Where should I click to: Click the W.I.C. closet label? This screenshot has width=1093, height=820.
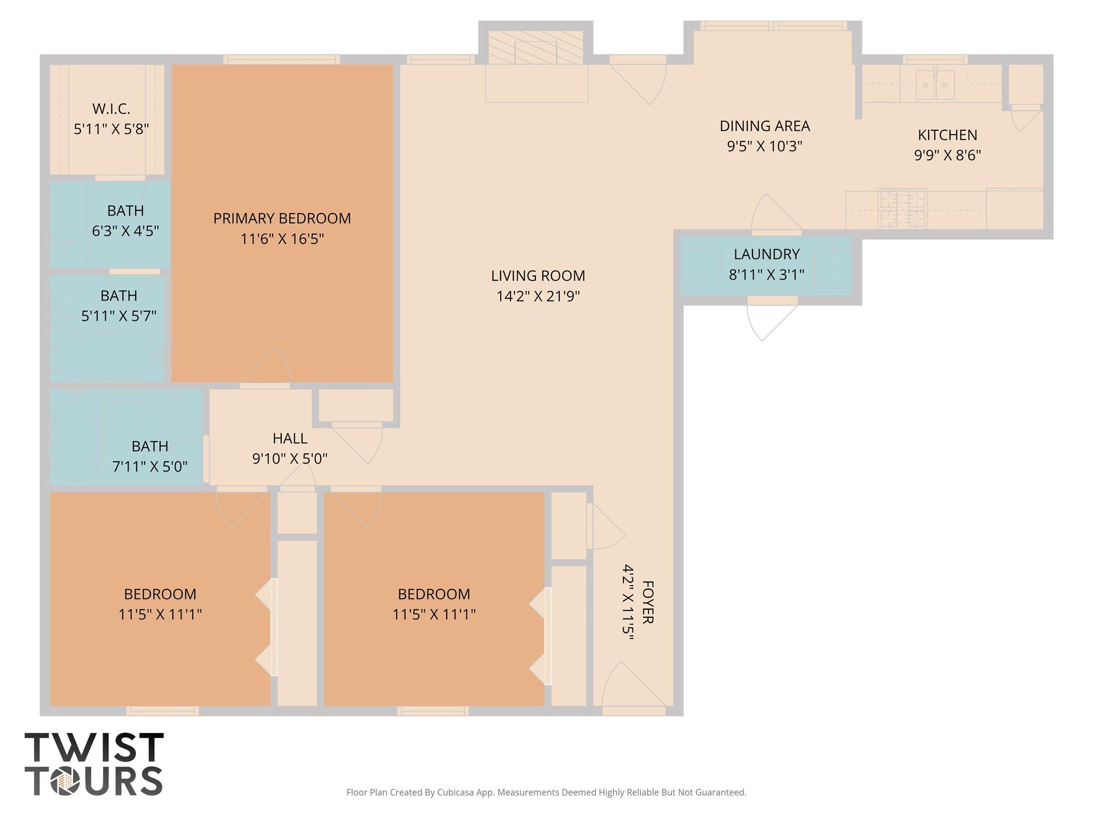click(x=111, y=109)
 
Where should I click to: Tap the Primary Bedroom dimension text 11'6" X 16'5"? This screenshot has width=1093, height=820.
click(x=282, y=239)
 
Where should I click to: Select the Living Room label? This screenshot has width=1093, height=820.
click(x=538, y=275)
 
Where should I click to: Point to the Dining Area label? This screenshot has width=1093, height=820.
click(x=765, y=126)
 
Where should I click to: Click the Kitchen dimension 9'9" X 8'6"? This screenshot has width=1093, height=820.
click(x=948, y=155)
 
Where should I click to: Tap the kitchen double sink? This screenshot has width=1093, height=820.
click(x=935, y=84)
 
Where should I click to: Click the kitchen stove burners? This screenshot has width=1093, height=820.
click(x=902, y=208)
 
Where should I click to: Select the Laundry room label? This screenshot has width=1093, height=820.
click(x=766, y=254)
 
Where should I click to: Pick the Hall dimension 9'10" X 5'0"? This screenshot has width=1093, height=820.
click(x=290, y=459)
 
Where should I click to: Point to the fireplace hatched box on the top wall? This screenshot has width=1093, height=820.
click(x=535, y=47)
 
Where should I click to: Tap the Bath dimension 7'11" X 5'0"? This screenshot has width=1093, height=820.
click(x=150, y=467)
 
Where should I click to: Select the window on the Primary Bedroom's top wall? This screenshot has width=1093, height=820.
click(x=281, y=59)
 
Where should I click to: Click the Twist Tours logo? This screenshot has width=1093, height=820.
click(x=94, y=763)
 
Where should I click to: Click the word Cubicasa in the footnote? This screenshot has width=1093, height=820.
click(x=456, y=792)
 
